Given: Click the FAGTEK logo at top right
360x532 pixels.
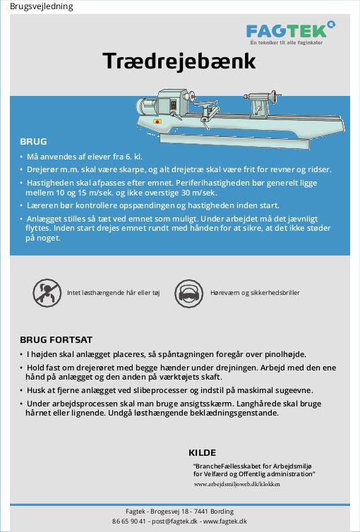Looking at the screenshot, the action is (291, 33).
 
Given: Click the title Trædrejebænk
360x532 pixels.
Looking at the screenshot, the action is (179, 61).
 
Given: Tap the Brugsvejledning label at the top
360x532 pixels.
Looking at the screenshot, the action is (42, 6).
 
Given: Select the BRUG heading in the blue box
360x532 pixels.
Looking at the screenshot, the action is (33, 142).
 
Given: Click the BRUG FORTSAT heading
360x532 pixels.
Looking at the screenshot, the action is (56, 339).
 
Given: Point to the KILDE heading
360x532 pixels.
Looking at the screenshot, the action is (202, 452).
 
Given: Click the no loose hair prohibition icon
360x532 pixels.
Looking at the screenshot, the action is (47, 293).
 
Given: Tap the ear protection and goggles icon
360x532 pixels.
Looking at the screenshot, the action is (188, 293).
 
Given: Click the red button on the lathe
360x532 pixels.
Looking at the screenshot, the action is (157, 121).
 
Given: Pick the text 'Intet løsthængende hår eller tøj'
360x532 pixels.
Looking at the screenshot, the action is (114, 293).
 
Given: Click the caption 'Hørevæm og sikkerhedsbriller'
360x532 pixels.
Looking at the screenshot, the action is (255, 293).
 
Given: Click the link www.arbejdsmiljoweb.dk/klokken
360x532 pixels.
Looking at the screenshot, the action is (237, 484).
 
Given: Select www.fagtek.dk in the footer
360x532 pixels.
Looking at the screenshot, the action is (225, 521).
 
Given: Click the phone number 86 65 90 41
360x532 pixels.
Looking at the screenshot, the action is (129, 521).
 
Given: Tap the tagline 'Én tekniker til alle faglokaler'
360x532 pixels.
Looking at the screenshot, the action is (287, 43).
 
